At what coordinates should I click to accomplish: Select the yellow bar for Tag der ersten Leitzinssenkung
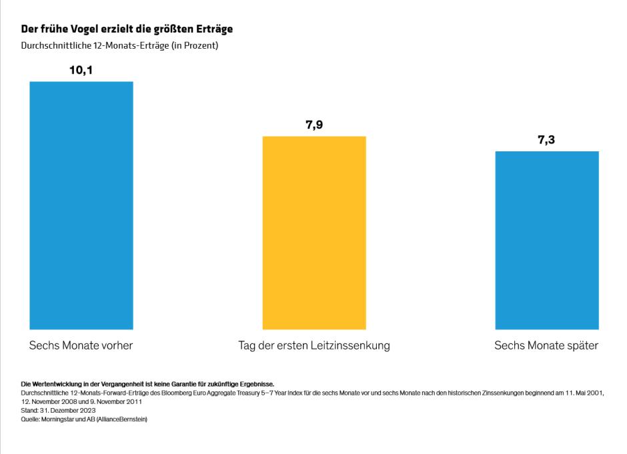(313, 233)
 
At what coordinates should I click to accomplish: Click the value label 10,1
(81, 70)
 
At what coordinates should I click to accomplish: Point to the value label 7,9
(313, 125)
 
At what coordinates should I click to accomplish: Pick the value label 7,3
(546, 140)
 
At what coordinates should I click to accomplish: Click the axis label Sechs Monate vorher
(81, 346)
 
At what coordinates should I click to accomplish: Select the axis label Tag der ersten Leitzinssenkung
(313, 346)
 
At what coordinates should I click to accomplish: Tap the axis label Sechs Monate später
(546, 346)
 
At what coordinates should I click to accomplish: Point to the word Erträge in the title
(213, 29)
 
